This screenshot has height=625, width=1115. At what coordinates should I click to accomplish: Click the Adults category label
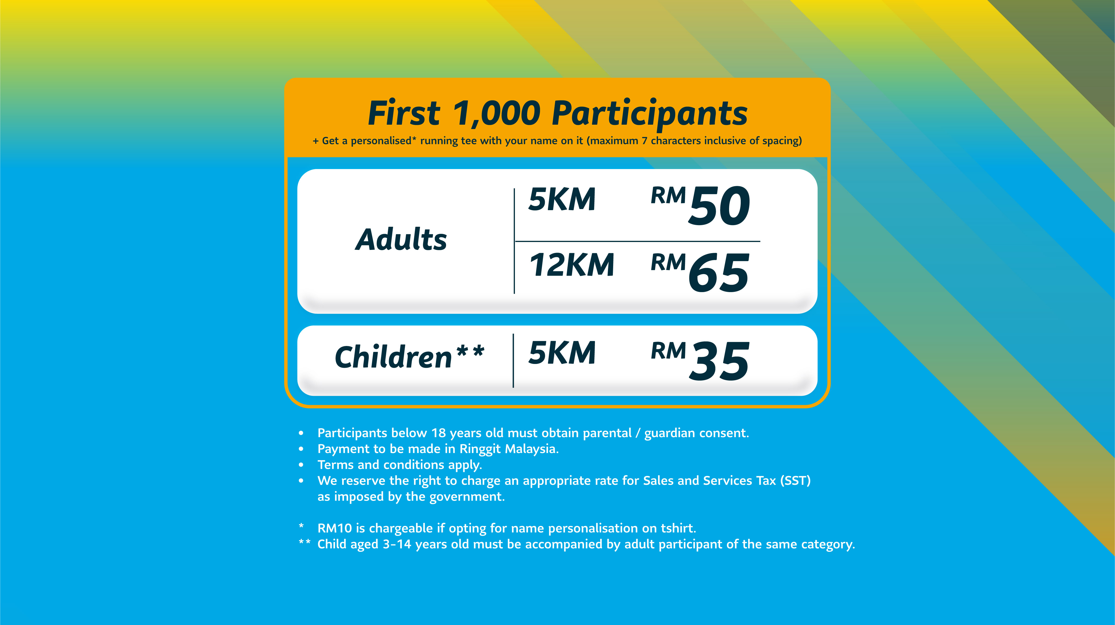pos(401,239)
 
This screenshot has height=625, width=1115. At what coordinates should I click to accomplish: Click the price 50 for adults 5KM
pos(719,206)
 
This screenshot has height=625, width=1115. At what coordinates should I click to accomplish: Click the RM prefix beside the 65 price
pos(668,262)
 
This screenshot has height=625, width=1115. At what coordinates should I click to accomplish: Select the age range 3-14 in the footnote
pos(397,544)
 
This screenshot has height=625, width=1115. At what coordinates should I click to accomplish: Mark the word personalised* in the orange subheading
pos(383,141)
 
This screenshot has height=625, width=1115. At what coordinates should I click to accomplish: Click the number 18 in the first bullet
pos(438,433)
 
